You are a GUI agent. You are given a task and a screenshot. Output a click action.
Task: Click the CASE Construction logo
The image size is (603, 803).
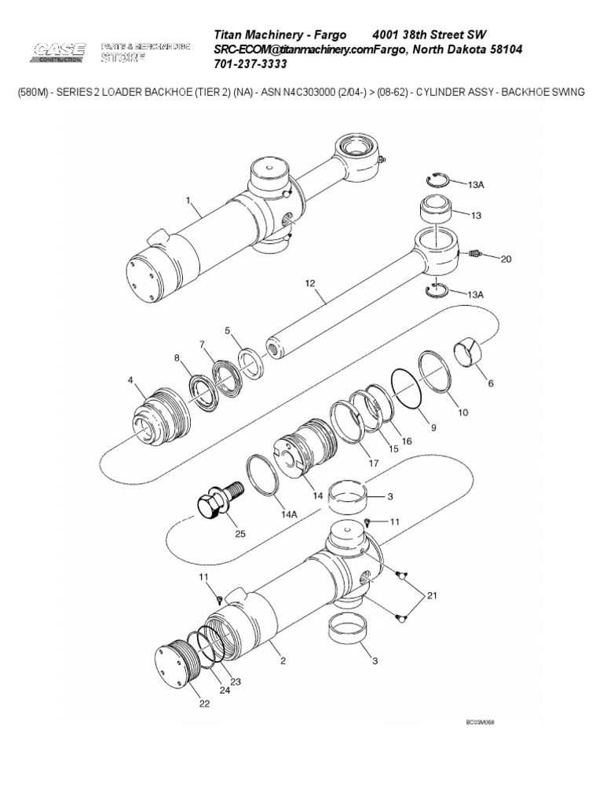[x=59, y=53]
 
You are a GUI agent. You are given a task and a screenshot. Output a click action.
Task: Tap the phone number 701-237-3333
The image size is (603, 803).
[x=252, y=64]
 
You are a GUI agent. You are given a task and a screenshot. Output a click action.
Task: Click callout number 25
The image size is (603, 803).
[x=240, y=534]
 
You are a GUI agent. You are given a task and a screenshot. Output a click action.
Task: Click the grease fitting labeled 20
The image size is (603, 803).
[x=473, y=255]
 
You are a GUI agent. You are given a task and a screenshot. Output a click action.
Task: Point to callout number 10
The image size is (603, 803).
[x=462, y=412]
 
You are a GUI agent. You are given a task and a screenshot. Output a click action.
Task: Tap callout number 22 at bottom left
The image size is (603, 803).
[x=204, y=703]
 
